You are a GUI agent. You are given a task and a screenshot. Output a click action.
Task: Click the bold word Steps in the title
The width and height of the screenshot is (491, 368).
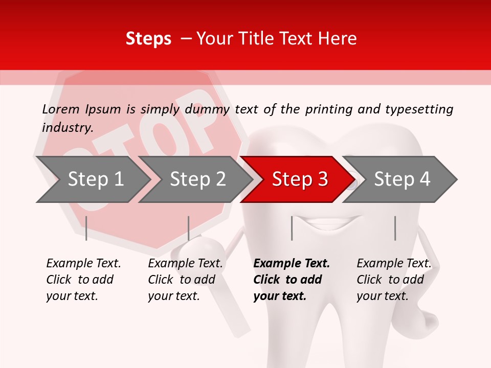point(148,39)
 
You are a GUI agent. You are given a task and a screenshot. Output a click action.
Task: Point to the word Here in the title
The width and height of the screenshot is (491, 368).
point(337,39)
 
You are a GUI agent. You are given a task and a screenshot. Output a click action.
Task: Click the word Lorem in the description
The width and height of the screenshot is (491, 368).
point(60,109)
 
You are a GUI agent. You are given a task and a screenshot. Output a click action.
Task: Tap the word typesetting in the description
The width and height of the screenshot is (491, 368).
point(419,109)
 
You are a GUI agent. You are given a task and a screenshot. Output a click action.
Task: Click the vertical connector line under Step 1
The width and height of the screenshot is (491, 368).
point(86,228)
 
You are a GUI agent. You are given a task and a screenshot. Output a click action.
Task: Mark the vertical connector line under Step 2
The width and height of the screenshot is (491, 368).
point(189,228)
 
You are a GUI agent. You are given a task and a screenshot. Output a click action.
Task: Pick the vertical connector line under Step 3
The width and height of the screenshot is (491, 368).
point(292,228)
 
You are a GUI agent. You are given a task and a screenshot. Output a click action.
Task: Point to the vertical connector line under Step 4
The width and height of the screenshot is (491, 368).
point(395,228)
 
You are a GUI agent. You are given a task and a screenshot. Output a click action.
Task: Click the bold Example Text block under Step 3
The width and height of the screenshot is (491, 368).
point(292,280)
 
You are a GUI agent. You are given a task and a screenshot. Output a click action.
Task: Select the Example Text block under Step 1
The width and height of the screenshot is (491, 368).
point(83,280)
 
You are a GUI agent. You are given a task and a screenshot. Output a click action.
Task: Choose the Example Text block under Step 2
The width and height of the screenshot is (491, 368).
point(185,280)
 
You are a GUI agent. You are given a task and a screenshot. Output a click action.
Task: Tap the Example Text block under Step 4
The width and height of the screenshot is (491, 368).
point(394,280)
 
